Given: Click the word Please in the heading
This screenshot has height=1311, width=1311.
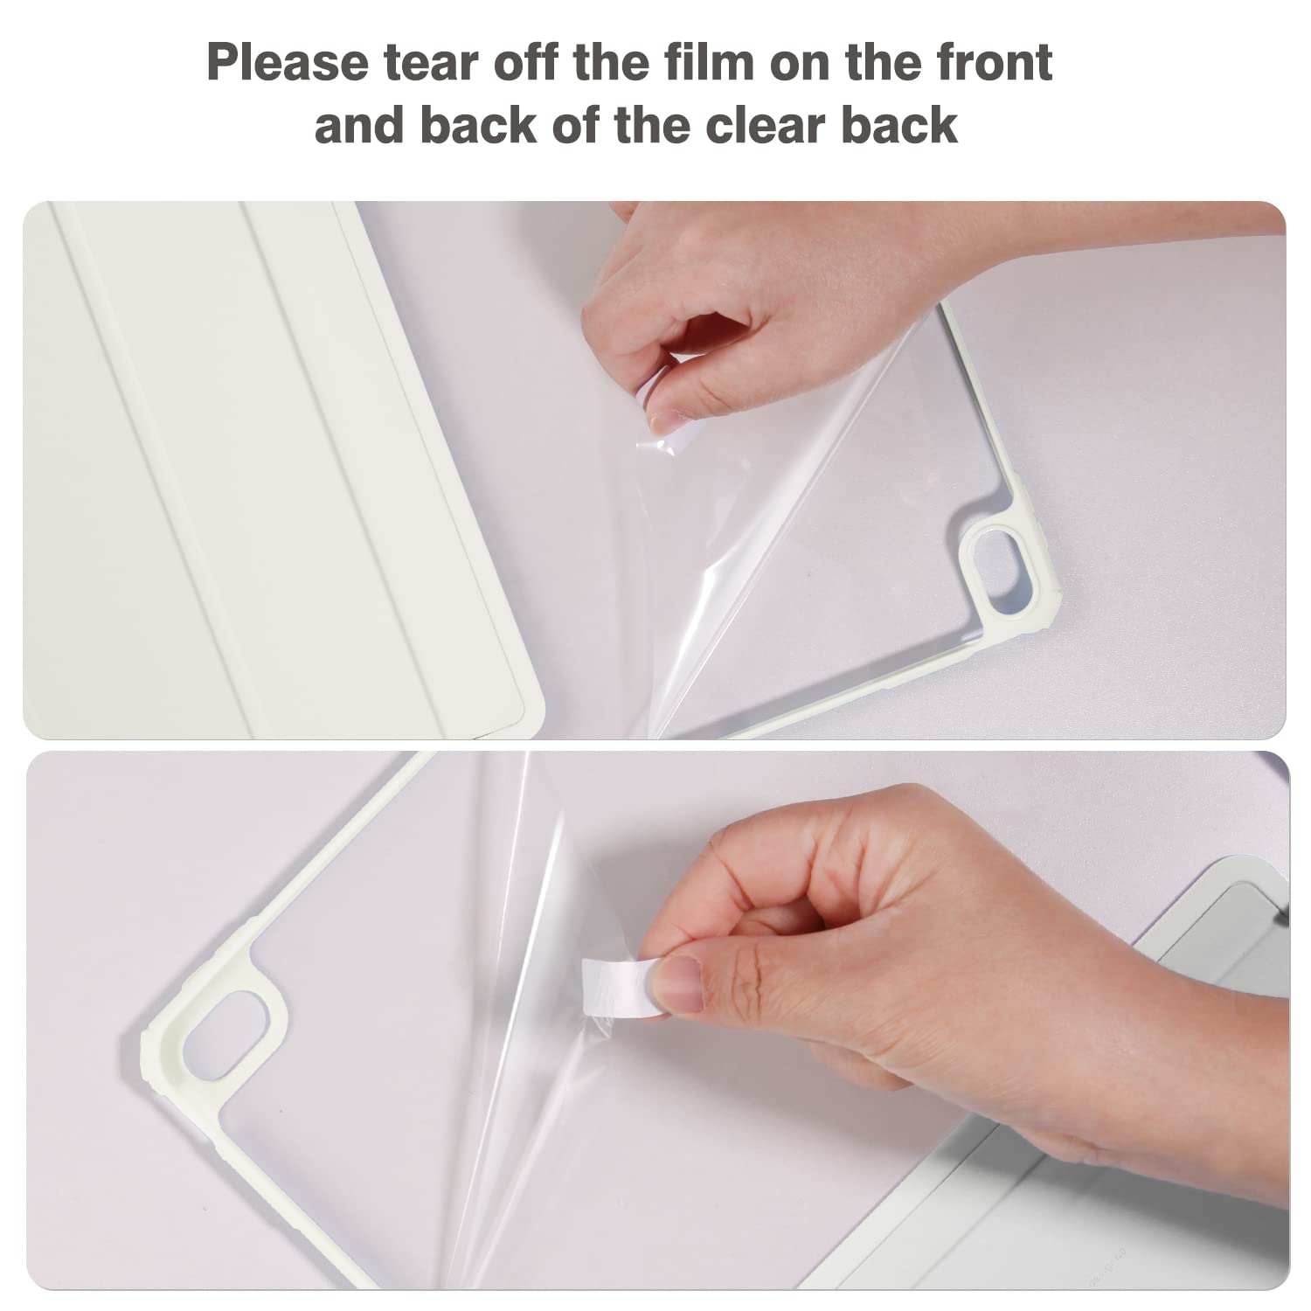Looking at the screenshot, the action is pos(288,62).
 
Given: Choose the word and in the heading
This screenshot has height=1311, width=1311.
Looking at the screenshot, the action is pos(360,125).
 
